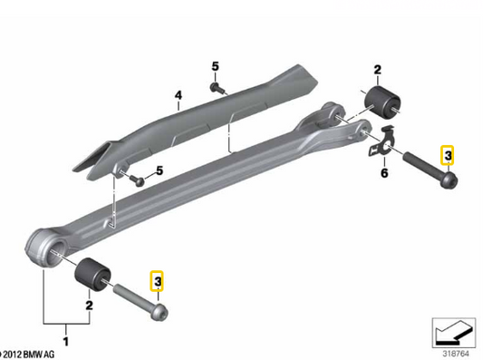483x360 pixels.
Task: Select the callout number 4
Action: click(179, 95)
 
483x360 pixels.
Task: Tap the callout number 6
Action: click(383, 172)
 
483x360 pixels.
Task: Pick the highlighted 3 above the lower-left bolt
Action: click(159, 283)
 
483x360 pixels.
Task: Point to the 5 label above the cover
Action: click(216, 66)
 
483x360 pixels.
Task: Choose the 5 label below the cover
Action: click(159, 171)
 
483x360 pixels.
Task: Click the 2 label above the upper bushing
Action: click(378, 69)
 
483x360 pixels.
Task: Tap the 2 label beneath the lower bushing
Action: click(89, 306)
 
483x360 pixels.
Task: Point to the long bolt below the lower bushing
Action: click(137, 300)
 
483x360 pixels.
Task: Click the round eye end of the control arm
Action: click(44, 245)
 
